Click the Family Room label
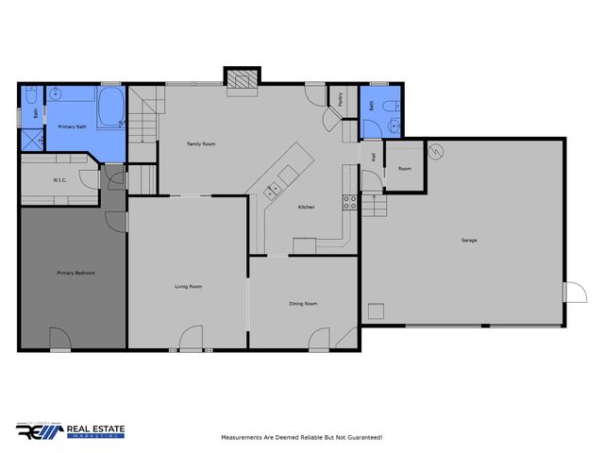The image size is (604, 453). [201, 143]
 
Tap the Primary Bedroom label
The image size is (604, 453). [75, 273]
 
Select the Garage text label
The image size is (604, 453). [468, 241]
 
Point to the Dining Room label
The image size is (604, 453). [303, 304]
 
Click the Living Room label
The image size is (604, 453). [189, 286]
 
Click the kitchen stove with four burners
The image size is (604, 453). [349, 200]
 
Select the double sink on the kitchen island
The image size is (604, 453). [274, 188]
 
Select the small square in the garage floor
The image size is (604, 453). [377, 310]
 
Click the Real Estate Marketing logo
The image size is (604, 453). [70, 431]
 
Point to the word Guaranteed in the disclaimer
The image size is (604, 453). [361, 438]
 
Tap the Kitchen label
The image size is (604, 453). [307, 207]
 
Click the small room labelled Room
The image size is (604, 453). [405, 168]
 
